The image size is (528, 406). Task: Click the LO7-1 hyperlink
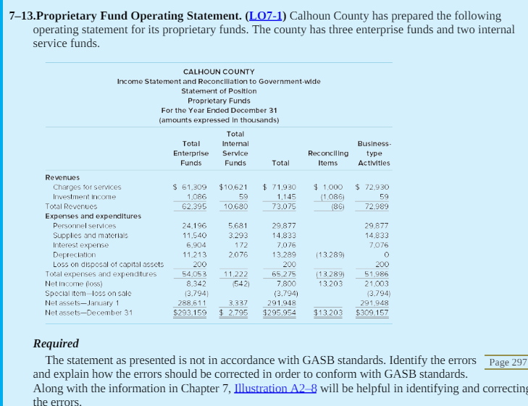click(x=267, y=16)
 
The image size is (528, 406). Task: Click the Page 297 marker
click(x=508, y=362)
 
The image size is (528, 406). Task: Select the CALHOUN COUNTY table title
click(x=219, y=72)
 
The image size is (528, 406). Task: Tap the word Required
click(x=56, y=343)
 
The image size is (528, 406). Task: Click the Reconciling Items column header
click(x=328, y=158)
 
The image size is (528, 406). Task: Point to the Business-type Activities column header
click(x=374, y=153)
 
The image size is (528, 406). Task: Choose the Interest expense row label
click(x=81, y=245)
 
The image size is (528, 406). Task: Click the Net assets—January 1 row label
click(x=78, y=303)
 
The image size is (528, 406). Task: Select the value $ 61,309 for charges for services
click(x=190, y=187)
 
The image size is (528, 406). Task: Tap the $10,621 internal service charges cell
click(x=233, y=187)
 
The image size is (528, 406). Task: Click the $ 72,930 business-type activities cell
click(x=372, y=187)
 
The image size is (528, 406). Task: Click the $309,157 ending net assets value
click(x=372, y=313)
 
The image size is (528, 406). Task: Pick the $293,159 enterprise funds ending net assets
click(x=190, y=313)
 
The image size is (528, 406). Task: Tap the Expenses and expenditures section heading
click(x=93, y=216)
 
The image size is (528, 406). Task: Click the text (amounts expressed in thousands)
click(x=219, y=120)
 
